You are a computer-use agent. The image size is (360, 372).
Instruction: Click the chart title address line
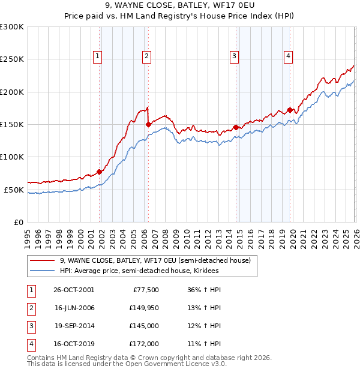[179, 6]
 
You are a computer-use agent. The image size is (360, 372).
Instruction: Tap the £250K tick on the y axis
[12, 59]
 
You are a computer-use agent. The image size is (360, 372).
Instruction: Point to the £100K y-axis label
[12, 157]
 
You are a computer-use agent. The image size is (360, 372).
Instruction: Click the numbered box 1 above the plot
[98, 56]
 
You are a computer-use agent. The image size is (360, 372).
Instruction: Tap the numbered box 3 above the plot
[234, 56]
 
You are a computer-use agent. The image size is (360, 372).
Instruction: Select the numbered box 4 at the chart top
[288, 56]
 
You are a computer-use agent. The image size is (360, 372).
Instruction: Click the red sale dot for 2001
[100, 172]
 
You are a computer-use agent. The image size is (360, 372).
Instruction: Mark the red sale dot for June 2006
[148, 125]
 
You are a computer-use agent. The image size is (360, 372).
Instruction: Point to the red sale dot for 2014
[236, 127]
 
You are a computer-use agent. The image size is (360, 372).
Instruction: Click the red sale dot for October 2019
[290, 110]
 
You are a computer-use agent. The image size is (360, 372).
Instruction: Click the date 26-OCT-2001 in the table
[74, 289]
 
